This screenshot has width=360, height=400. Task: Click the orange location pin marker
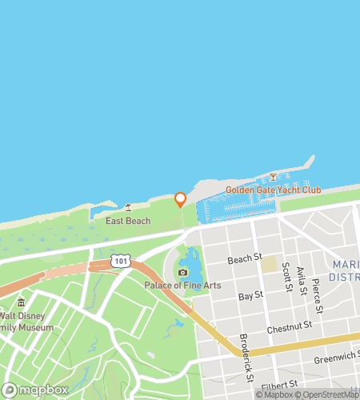tap(181, 199)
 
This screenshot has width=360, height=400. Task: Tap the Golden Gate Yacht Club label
tap(273, 190)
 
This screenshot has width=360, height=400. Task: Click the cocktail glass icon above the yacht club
tap(273, 176)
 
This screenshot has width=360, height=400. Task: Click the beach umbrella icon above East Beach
tap(128, 207)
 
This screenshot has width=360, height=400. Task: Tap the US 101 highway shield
tap(120, 262)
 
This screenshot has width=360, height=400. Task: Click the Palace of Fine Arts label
tap(182, 286)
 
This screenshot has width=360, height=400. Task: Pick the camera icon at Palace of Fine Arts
tap(182, 273)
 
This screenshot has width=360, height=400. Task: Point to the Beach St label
tap(245, 258)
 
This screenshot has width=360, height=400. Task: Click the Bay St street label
tap(251, 296)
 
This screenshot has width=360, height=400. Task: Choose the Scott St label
tap(286, 276)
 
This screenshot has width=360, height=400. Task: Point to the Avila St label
tap(302, 282)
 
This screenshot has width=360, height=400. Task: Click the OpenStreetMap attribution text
tap(328, 394)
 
